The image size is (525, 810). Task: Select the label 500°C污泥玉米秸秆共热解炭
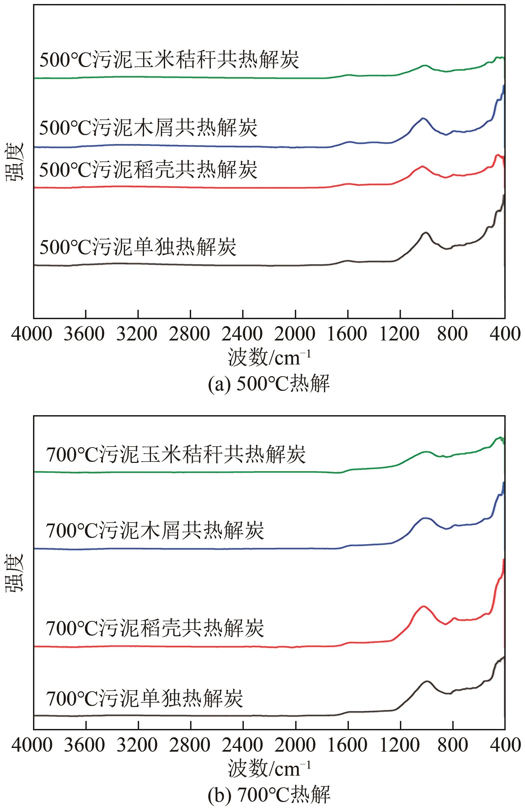click(169, 60)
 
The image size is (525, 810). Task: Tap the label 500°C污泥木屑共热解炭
click(148, 128)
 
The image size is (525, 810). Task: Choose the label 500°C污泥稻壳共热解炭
click(148, 169)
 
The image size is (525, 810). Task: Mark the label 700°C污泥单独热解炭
click(144, 699)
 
